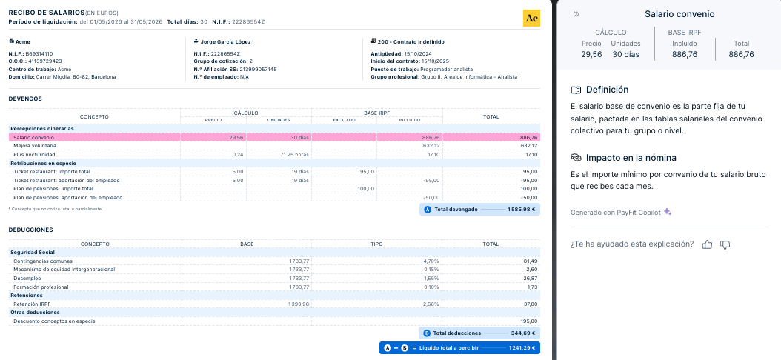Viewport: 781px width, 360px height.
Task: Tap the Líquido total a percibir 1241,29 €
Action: [x=522, y=347]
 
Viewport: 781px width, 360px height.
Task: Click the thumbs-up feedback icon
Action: [x=707, y=244]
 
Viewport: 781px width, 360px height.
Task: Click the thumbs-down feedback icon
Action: [x=725, y=244]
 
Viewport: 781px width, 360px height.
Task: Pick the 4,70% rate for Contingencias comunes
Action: [x=431, y=261]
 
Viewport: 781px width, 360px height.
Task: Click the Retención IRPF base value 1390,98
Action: [x=297, y=304]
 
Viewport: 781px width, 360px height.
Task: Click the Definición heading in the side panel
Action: [x=607, y=90]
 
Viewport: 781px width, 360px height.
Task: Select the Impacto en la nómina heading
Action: [x=631, y=158]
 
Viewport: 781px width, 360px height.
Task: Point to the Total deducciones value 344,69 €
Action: [x=522, y=333]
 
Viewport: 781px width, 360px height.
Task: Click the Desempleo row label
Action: [x=27, y=278]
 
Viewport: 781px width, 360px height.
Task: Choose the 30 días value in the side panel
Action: [x=625, y=54]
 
